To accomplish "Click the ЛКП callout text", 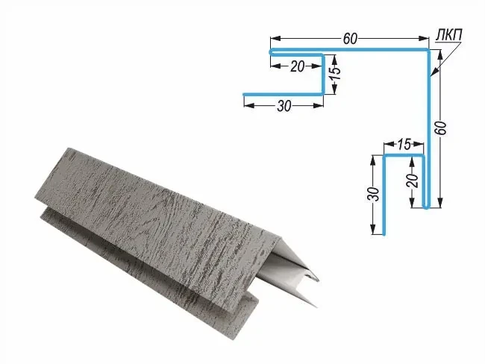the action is click(448, 35).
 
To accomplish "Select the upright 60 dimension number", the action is click(350, 39).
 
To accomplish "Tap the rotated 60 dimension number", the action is click(441, 128).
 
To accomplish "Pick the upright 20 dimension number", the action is click(297, 66).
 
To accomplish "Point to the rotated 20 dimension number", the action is click(413, 181).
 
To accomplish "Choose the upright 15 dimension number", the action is click(404, 144).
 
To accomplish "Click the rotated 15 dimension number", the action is click(336, 73).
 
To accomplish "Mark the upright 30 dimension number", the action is click(284, 106).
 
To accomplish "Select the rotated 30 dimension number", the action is click(374, 194).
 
